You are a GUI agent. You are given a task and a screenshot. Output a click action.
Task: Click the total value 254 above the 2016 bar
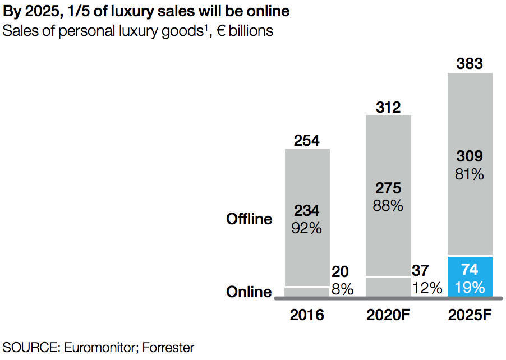307,140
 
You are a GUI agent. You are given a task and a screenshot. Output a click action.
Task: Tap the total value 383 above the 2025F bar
470,63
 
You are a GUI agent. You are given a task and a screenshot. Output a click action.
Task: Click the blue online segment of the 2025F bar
470,276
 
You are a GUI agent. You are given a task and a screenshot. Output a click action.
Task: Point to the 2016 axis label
307,315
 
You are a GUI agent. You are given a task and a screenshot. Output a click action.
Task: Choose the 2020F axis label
388,315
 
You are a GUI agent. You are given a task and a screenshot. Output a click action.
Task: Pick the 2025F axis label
470,315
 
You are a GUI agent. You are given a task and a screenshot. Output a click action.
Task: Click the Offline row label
249,219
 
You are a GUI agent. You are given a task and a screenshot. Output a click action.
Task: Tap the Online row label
249,292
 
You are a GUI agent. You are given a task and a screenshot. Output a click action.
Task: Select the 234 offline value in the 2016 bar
307,211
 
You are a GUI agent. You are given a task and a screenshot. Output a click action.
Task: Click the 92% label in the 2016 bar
307,228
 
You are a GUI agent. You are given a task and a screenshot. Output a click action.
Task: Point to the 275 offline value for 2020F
388,188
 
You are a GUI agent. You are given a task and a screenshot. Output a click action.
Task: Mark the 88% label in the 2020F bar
388,206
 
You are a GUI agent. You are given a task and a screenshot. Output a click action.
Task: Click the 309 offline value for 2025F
470,156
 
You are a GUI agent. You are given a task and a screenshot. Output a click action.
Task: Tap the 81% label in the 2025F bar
470,174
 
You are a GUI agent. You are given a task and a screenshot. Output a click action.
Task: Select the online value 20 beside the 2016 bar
340,272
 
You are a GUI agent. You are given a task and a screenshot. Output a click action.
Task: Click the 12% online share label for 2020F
427,289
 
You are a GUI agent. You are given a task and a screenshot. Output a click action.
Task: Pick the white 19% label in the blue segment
470,288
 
